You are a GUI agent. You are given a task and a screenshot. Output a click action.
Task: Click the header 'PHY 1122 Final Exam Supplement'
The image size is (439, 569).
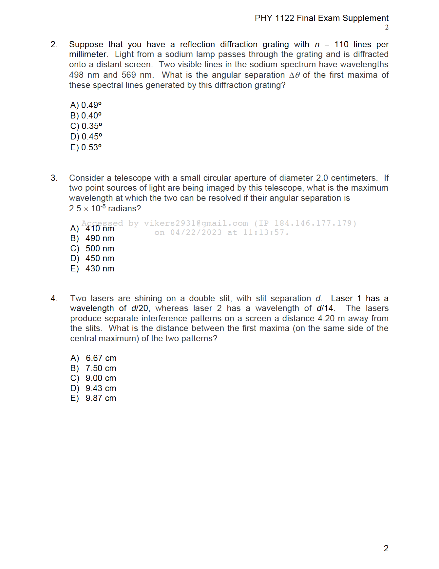point(321,18)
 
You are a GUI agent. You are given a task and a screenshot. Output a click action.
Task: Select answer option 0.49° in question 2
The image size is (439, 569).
point(86,105)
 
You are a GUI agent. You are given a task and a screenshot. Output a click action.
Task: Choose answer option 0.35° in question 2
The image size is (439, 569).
point(86,126)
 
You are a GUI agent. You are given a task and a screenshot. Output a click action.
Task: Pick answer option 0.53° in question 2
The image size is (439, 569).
point(86,147)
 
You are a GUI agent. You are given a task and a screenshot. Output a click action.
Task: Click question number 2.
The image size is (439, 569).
point(54,44)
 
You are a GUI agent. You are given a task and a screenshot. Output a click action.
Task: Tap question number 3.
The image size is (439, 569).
point(54,178)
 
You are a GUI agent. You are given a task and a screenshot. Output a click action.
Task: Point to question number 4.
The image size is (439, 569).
point(54,298)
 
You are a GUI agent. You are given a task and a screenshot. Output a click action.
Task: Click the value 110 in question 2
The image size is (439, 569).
point(341,44)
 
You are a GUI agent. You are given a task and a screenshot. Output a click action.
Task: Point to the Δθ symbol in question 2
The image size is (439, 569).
point(295,75)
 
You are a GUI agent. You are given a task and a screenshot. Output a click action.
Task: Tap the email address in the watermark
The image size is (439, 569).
point(196,223)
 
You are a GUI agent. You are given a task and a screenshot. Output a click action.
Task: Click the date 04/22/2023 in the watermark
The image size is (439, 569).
point(196,232)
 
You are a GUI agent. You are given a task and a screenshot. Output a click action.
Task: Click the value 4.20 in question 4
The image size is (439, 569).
point(326,318)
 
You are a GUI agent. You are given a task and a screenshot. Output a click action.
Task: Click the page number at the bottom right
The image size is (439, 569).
point(386,548)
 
